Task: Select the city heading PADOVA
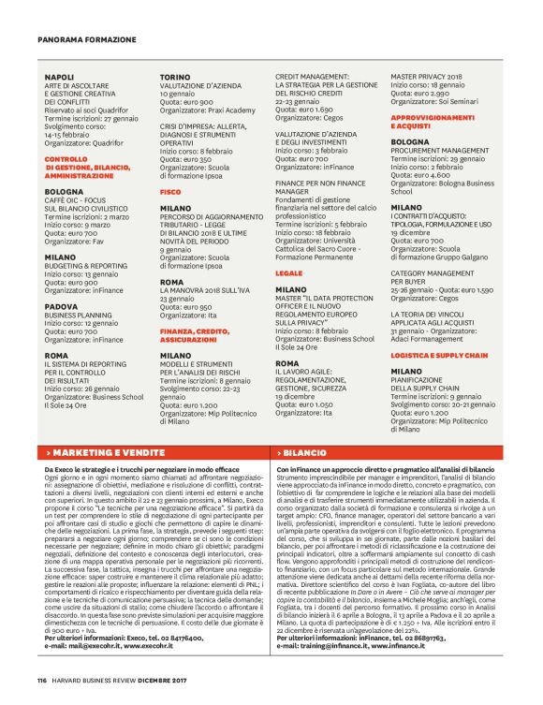click(62, 306)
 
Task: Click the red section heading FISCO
click(170, 190)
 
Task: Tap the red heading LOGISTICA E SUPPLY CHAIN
click(440, 357)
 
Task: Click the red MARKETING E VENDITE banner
click(105, 451)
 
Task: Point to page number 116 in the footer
click(42, 680)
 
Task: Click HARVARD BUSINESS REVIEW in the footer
click(97, 680)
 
